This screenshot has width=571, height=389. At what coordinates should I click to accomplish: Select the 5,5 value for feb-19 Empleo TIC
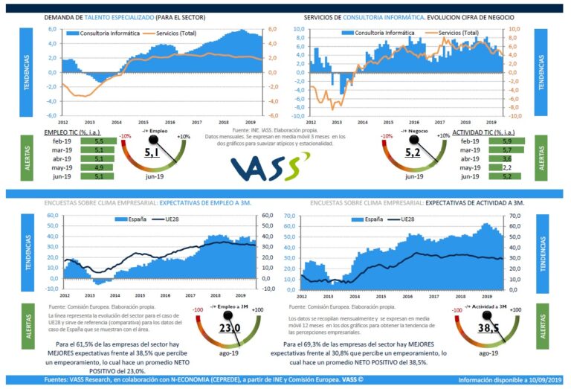pyautogui.click(x=99, y=141)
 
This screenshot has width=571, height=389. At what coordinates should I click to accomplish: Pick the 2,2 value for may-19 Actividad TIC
pyautogui.click(x=485, y=167)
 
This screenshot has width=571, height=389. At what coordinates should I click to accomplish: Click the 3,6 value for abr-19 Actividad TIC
pyautogui.click(x=485, y=158)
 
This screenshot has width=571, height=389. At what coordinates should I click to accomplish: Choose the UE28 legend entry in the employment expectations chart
pyautogui.click(x=164, y=220)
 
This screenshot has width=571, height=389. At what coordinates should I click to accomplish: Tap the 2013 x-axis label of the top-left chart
pyautogui.click(x=89, y=120)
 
